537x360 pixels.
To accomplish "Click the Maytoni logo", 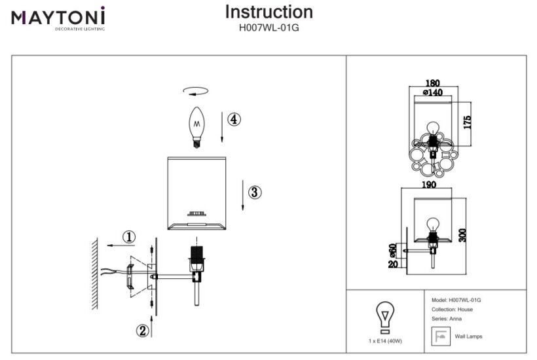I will (58, 18).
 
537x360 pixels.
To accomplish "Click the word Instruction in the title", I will (268, 12).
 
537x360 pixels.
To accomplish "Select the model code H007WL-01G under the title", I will (268, 28).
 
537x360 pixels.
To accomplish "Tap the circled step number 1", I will (129, 236).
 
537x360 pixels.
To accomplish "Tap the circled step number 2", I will (142, 331).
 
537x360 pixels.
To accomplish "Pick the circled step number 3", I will (255, 192).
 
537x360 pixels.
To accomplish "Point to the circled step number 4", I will (234, 119).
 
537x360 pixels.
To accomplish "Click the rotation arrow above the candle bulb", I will (196, 92).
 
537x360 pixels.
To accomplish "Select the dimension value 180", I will (432, 83).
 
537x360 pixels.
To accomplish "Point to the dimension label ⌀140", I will (432, 92).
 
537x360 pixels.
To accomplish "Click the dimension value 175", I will (467, 122).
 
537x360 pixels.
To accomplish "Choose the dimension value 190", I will (429, 185).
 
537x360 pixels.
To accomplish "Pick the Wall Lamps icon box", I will (439, 336).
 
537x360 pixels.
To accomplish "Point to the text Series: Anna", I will (451, 318).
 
